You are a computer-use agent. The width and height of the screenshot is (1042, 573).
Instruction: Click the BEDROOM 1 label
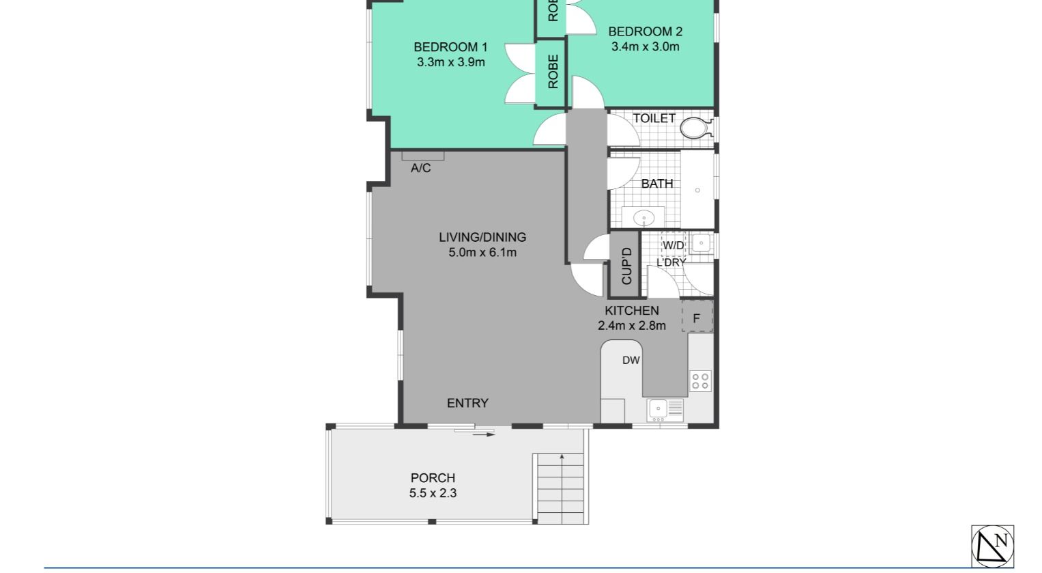click(x=450, y=47)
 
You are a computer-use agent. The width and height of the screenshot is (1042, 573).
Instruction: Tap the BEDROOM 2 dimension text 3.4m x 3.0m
click(x=645, y=46)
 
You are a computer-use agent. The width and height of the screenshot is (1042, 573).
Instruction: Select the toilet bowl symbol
click(x=695, y=127)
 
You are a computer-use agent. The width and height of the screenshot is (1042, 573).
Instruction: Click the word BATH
click(x=657, y=184)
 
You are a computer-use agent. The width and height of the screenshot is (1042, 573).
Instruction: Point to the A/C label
click(x=421, y=168)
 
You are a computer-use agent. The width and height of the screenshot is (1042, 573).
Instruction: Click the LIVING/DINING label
click(x=482, y=237)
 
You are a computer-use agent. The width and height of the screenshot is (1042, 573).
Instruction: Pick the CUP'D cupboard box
click(x=624, y=265)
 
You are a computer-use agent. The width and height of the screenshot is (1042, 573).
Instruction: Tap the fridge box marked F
click(x=697, y=318)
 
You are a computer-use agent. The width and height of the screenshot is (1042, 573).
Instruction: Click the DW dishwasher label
click(x=631, y=360)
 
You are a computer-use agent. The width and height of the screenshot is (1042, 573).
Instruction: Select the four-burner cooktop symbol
click(x=700, y=380)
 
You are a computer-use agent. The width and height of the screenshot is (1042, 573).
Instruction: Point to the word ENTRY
click(x=467, y=403)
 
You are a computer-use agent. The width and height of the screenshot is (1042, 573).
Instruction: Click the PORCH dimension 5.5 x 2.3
click(x=433, y=493)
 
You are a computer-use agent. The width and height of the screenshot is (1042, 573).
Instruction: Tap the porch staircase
click(x=560, y=488)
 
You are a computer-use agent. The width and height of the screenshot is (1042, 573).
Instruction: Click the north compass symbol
click(x=992, y=546)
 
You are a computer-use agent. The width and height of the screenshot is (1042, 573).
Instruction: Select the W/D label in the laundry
click(x=674, y=245)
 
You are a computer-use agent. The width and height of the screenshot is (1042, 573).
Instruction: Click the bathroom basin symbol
click(x=643, y=219)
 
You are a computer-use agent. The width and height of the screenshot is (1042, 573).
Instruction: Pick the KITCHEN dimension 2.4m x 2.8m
click(x=632, y=326)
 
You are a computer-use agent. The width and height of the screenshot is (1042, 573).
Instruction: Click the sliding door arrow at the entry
click(x=484, y=434)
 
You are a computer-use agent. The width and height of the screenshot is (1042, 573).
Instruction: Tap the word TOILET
click(x=654, y=118)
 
